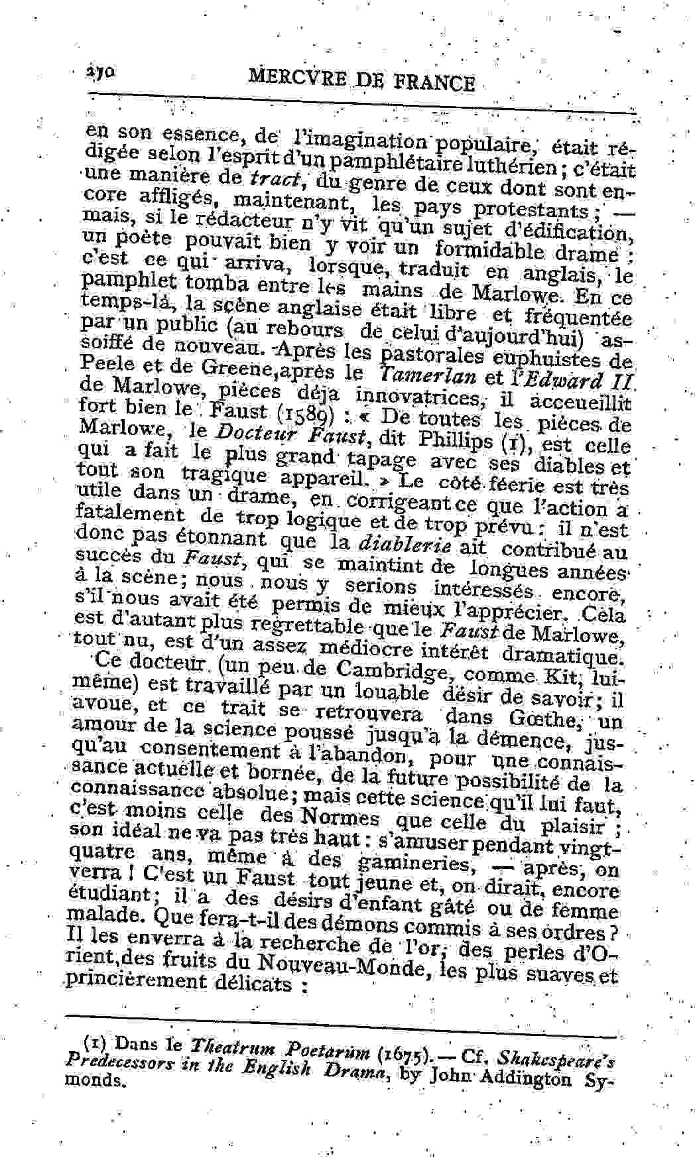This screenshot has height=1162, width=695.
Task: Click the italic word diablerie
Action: click(x=405, y=545)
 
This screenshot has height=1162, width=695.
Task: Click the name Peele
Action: click(x=101, y=364)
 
